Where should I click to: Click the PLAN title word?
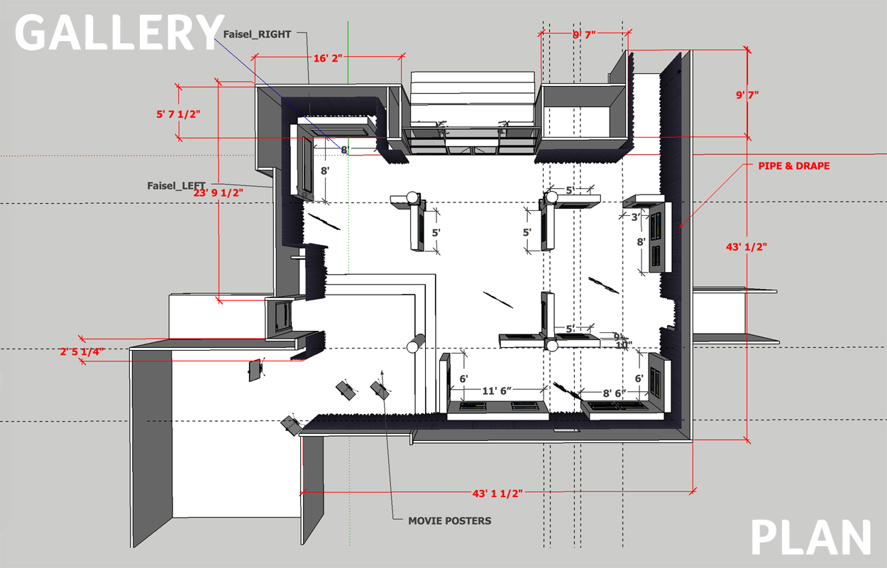[810, 537]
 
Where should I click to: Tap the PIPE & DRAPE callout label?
[788, 166]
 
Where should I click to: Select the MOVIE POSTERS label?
[449, 520]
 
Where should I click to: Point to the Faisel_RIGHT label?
[257, 34]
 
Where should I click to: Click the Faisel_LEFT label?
[176, 186]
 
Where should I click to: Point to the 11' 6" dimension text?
[499, 390]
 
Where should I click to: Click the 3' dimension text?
[636, 217]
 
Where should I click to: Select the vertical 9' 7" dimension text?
[746, 94]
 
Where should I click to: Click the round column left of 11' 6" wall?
[414, 346]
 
